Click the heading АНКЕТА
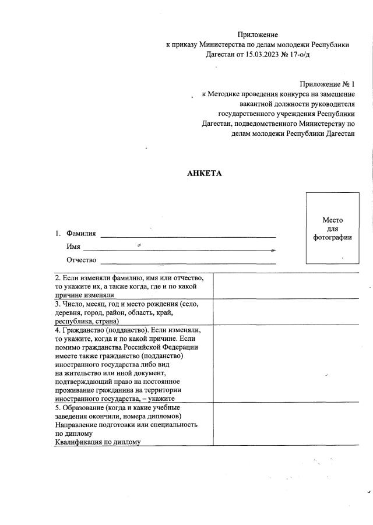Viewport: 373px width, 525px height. tap(204, 173)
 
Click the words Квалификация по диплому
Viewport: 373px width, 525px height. tap(98, 442)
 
